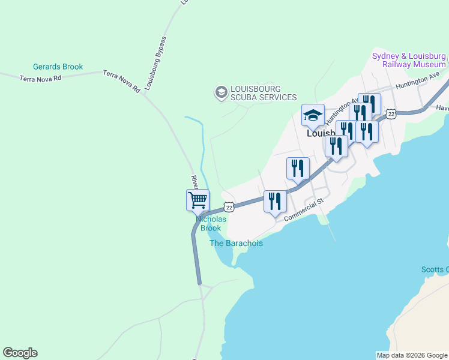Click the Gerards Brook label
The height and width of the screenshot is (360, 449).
tap(58, 67)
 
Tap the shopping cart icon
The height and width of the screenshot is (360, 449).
tap(197, 200)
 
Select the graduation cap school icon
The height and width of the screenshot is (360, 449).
tap(313, 115)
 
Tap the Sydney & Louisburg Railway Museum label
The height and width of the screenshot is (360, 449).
tap(409, 60)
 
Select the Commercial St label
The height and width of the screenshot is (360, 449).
tap(304, 209)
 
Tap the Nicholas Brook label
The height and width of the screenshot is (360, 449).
tap(211, 223)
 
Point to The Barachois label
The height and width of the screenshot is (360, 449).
tap(236, 243)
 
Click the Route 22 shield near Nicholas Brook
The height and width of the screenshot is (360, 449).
tap(228, 207)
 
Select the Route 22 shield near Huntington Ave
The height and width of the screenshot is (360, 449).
tap(391, 113)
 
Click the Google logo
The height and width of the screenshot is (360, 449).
tap(20, 353)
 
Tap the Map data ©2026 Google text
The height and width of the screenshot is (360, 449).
tap(412, 355)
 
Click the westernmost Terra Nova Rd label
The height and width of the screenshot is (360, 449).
tap(40, 79)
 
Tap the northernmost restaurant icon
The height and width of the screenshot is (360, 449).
tap(369, 103)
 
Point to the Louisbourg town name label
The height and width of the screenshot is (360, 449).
tap(321, 133)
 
